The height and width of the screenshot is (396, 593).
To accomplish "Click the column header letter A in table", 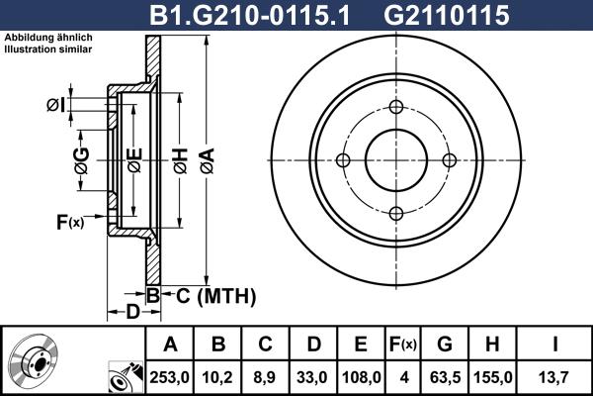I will [x=170, y=344].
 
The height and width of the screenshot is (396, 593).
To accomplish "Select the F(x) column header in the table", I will [x=402, y=344].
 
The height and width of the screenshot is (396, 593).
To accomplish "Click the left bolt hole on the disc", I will [x=343, y=160].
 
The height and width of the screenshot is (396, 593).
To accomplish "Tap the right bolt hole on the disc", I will [x=449, y=160].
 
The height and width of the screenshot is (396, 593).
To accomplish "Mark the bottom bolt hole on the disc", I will [x=396, y=213].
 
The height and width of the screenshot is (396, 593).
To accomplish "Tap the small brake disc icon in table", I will [x=40, y=361].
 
